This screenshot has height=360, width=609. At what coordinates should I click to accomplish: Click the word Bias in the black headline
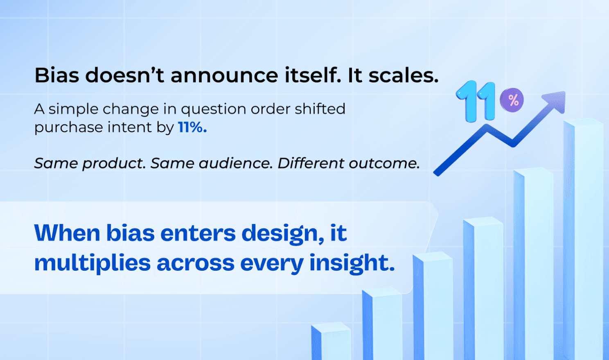(x=56, y=75)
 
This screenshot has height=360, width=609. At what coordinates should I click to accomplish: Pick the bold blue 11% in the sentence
(x=192, y=127)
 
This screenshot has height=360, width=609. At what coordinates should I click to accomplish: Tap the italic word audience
(x=235, y=163)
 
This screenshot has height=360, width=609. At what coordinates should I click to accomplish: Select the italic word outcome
(x=384, y=163)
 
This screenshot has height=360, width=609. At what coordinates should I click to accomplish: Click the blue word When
(x=67, y=233)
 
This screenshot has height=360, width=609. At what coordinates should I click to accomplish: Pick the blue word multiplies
(x=92, y=263)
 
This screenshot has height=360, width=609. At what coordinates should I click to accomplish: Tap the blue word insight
(x=352, y=263)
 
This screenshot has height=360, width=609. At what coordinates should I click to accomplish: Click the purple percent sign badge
(x=512, y=100)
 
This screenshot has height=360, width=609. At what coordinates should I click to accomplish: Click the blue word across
(x=195, y=263)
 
